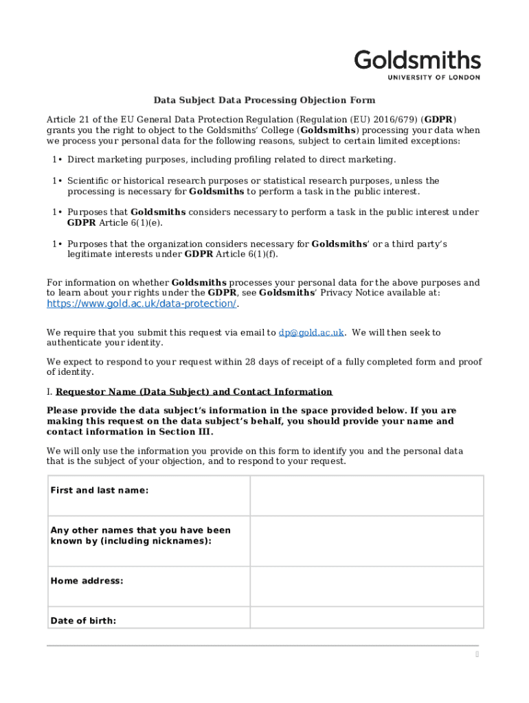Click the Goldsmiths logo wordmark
417,60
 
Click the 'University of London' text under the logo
434,78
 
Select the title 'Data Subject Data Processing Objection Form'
264,100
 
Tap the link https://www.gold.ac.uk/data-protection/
142,303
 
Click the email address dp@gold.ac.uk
311,332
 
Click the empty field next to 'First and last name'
366,495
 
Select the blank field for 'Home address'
366,586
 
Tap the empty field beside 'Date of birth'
366,618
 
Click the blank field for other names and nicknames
366,541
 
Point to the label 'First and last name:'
100,490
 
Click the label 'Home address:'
87,581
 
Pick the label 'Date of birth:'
84,621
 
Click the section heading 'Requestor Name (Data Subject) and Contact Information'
194,392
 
